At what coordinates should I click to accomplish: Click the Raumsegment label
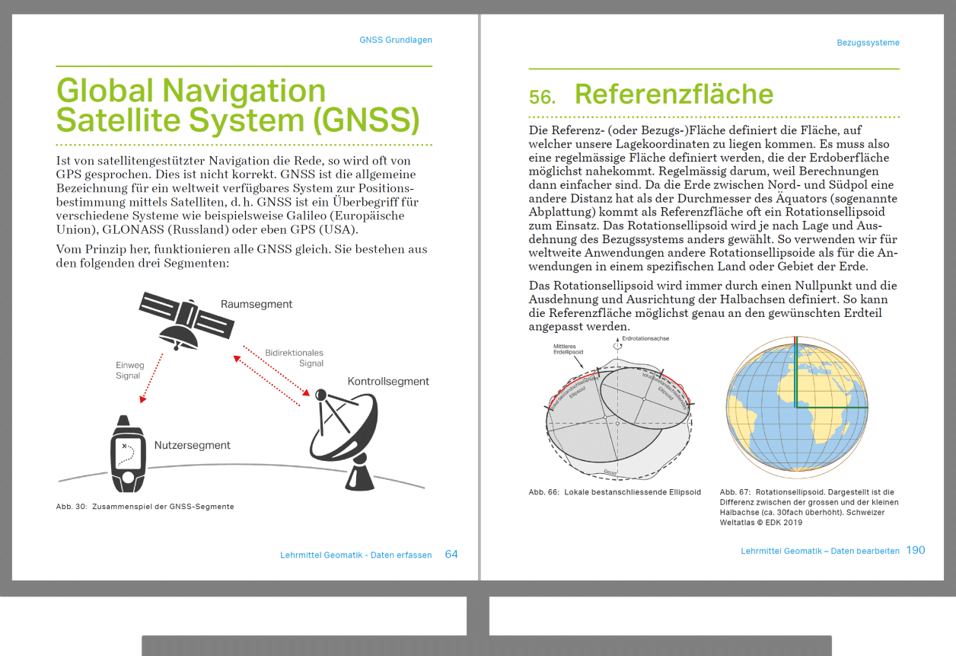point(257,304)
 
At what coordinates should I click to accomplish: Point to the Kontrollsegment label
point(388,381)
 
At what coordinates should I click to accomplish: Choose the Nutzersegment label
point(192,445)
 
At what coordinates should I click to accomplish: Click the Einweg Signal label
point(129,370)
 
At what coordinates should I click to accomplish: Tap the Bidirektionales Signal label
point(295,358)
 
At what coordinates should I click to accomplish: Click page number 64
point(451,555)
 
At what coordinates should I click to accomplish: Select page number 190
point(916,550)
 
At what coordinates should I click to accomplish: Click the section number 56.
point(542,97)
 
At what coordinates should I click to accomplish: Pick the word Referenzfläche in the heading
point(674,94)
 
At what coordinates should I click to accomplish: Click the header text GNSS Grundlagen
point(396,40)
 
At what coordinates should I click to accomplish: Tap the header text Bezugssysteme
point(868,43)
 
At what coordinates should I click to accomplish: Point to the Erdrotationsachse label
point(645,338)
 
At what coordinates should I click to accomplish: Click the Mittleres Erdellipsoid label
point(569,350)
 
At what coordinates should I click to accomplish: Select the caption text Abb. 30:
point(71,507)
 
